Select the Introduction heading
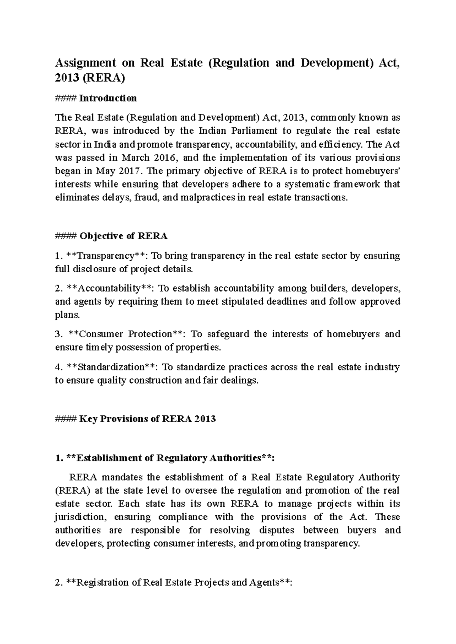click(x=108, y=98)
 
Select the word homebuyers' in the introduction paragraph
click(x=372, y=171)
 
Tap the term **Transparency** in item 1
click(x=106, y=256)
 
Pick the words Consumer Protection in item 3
click(x=127, y=334)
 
